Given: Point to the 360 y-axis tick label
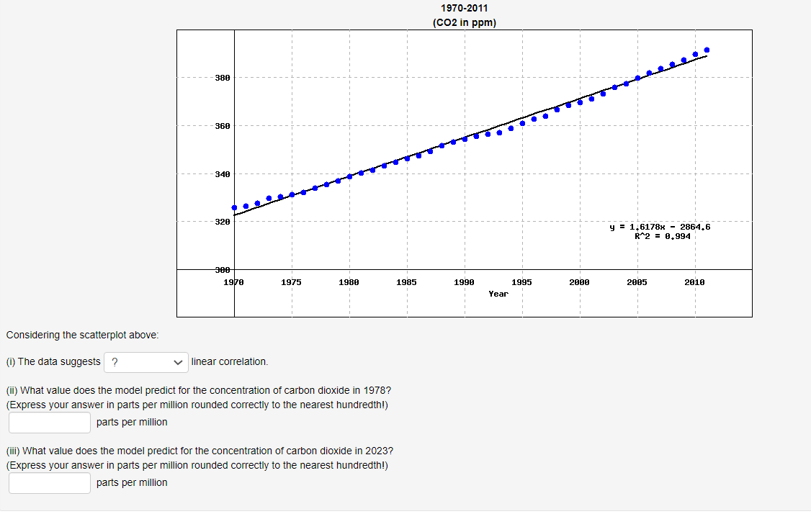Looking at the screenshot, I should [x=223, y=126].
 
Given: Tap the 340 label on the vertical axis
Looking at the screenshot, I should [x=223, y=174].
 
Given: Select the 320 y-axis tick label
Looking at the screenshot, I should [x=223, y=222].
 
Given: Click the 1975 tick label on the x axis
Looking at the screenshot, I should [x=292, y=283].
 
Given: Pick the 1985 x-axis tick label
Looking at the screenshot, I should [x=407, y=283].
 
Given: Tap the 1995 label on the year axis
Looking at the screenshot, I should [x=522, y=283].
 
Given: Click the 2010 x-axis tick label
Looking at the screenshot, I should [x=695, y=283].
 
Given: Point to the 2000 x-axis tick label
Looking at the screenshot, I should [x=580, y=283].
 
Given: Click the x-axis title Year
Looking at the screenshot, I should [x=498, y=294].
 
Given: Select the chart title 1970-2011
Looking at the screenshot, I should [x=465, y=9].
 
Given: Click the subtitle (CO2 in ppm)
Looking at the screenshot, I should [x=465, y=22].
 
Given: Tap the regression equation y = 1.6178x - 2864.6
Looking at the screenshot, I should [x=660, y=227].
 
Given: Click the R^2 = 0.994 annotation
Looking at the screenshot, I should [x=663, y=236].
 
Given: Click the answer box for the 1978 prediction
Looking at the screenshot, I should [x=50, y=423].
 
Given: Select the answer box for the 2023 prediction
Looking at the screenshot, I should [x=50, y=483].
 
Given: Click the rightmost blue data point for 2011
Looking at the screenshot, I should [x=707, y=50].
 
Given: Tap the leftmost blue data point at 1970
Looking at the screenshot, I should [x=234, y=207].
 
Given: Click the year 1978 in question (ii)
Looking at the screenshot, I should [x=380, y=390].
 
